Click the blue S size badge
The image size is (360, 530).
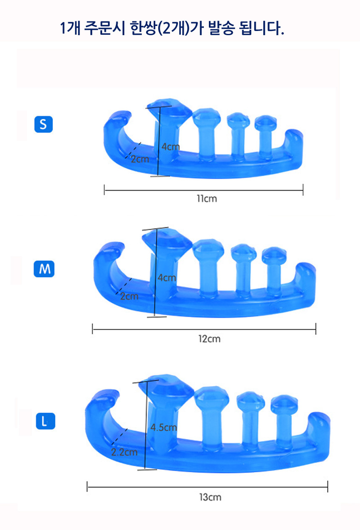click(44, 124)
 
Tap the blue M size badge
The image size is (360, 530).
click(44, 269)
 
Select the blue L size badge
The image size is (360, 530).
click(45, 421)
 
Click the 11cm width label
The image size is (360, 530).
click(207, 199)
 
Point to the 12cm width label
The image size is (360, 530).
click(209, 339)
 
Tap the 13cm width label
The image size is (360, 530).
click(210, 497)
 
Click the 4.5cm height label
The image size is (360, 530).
click(164, 427)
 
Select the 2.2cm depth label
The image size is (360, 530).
click(124, 452)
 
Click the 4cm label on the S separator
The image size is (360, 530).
click(170, 147)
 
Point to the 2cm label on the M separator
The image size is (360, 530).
click(129, 296)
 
